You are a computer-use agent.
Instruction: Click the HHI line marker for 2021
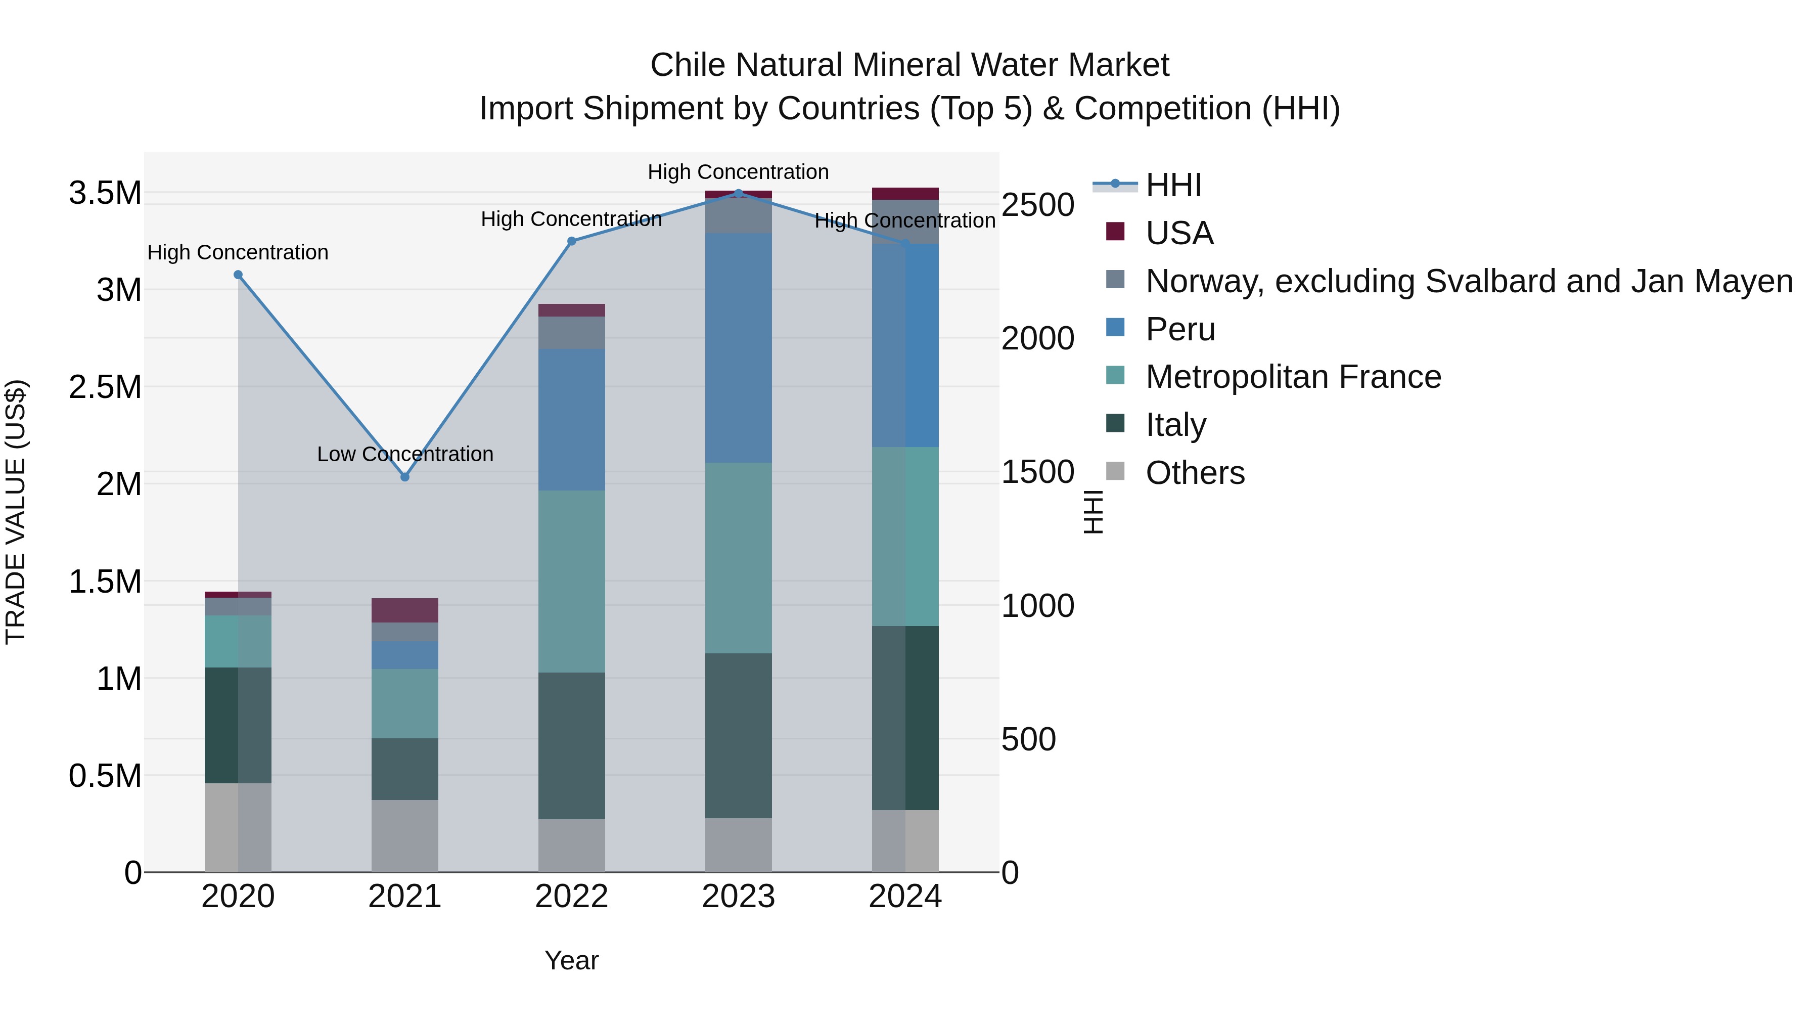405,477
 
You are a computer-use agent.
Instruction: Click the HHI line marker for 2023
738,193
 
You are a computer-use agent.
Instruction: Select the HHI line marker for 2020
238,275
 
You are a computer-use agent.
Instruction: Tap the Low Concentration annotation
405,454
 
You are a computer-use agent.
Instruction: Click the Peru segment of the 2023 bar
738,348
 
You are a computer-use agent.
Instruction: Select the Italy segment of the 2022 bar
572,745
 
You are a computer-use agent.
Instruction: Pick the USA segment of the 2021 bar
405,610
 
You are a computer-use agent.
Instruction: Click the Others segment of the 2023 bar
738,844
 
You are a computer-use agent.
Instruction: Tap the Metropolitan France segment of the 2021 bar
405,703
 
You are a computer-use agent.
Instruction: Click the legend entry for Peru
1180,329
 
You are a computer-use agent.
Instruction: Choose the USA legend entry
1179,233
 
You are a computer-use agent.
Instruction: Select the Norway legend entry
1469,281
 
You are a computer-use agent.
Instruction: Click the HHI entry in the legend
1173,185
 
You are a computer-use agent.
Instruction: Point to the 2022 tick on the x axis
572,897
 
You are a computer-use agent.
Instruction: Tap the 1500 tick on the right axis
1037,472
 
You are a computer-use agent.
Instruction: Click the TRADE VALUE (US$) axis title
16,512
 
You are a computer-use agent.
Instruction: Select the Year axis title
572,960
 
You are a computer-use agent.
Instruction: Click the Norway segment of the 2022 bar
572,332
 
